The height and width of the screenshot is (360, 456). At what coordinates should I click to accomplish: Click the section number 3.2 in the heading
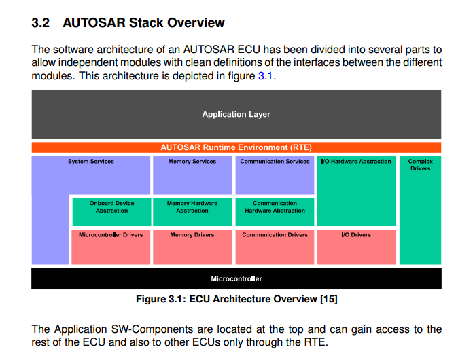(41, 23)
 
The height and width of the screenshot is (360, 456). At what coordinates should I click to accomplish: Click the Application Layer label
(236, 114)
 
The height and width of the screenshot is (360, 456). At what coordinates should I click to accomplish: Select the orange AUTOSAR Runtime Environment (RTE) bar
(236, 147)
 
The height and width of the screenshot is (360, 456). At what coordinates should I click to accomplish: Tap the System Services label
(91, 162)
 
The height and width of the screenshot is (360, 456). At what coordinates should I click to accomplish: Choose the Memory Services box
(192, 175)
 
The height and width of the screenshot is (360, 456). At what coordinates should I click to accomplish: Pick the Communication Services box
(275, 175)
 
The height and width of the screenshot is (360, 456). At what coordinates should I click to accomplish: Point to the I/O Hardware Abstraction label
(357, 162)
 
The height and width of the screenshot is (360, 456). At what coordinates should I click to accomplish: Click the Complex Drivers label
(420, 165)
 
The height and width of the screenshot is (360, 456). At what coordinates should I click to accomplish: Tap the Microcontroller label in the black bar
(236, 278)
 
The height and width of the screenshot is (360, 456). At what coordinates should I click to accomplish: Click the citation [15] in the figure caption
(328, 299)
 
